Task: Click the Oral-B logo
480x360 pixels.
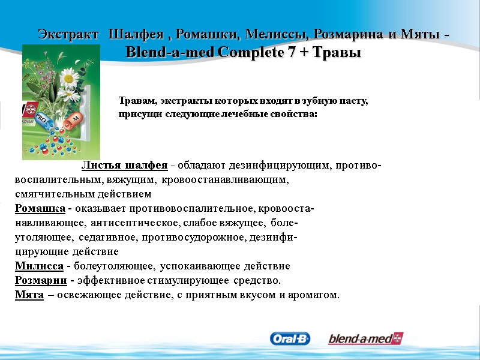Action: point(290,339)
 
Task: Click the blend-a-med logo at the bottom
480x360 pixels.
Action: point(365,339)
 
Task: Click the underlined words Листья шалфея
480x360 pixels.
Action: point(124,165)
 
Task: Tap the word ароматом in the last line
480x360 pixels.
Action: point(315,295)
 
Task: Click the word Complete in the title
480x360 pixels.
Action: point(251,53)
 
